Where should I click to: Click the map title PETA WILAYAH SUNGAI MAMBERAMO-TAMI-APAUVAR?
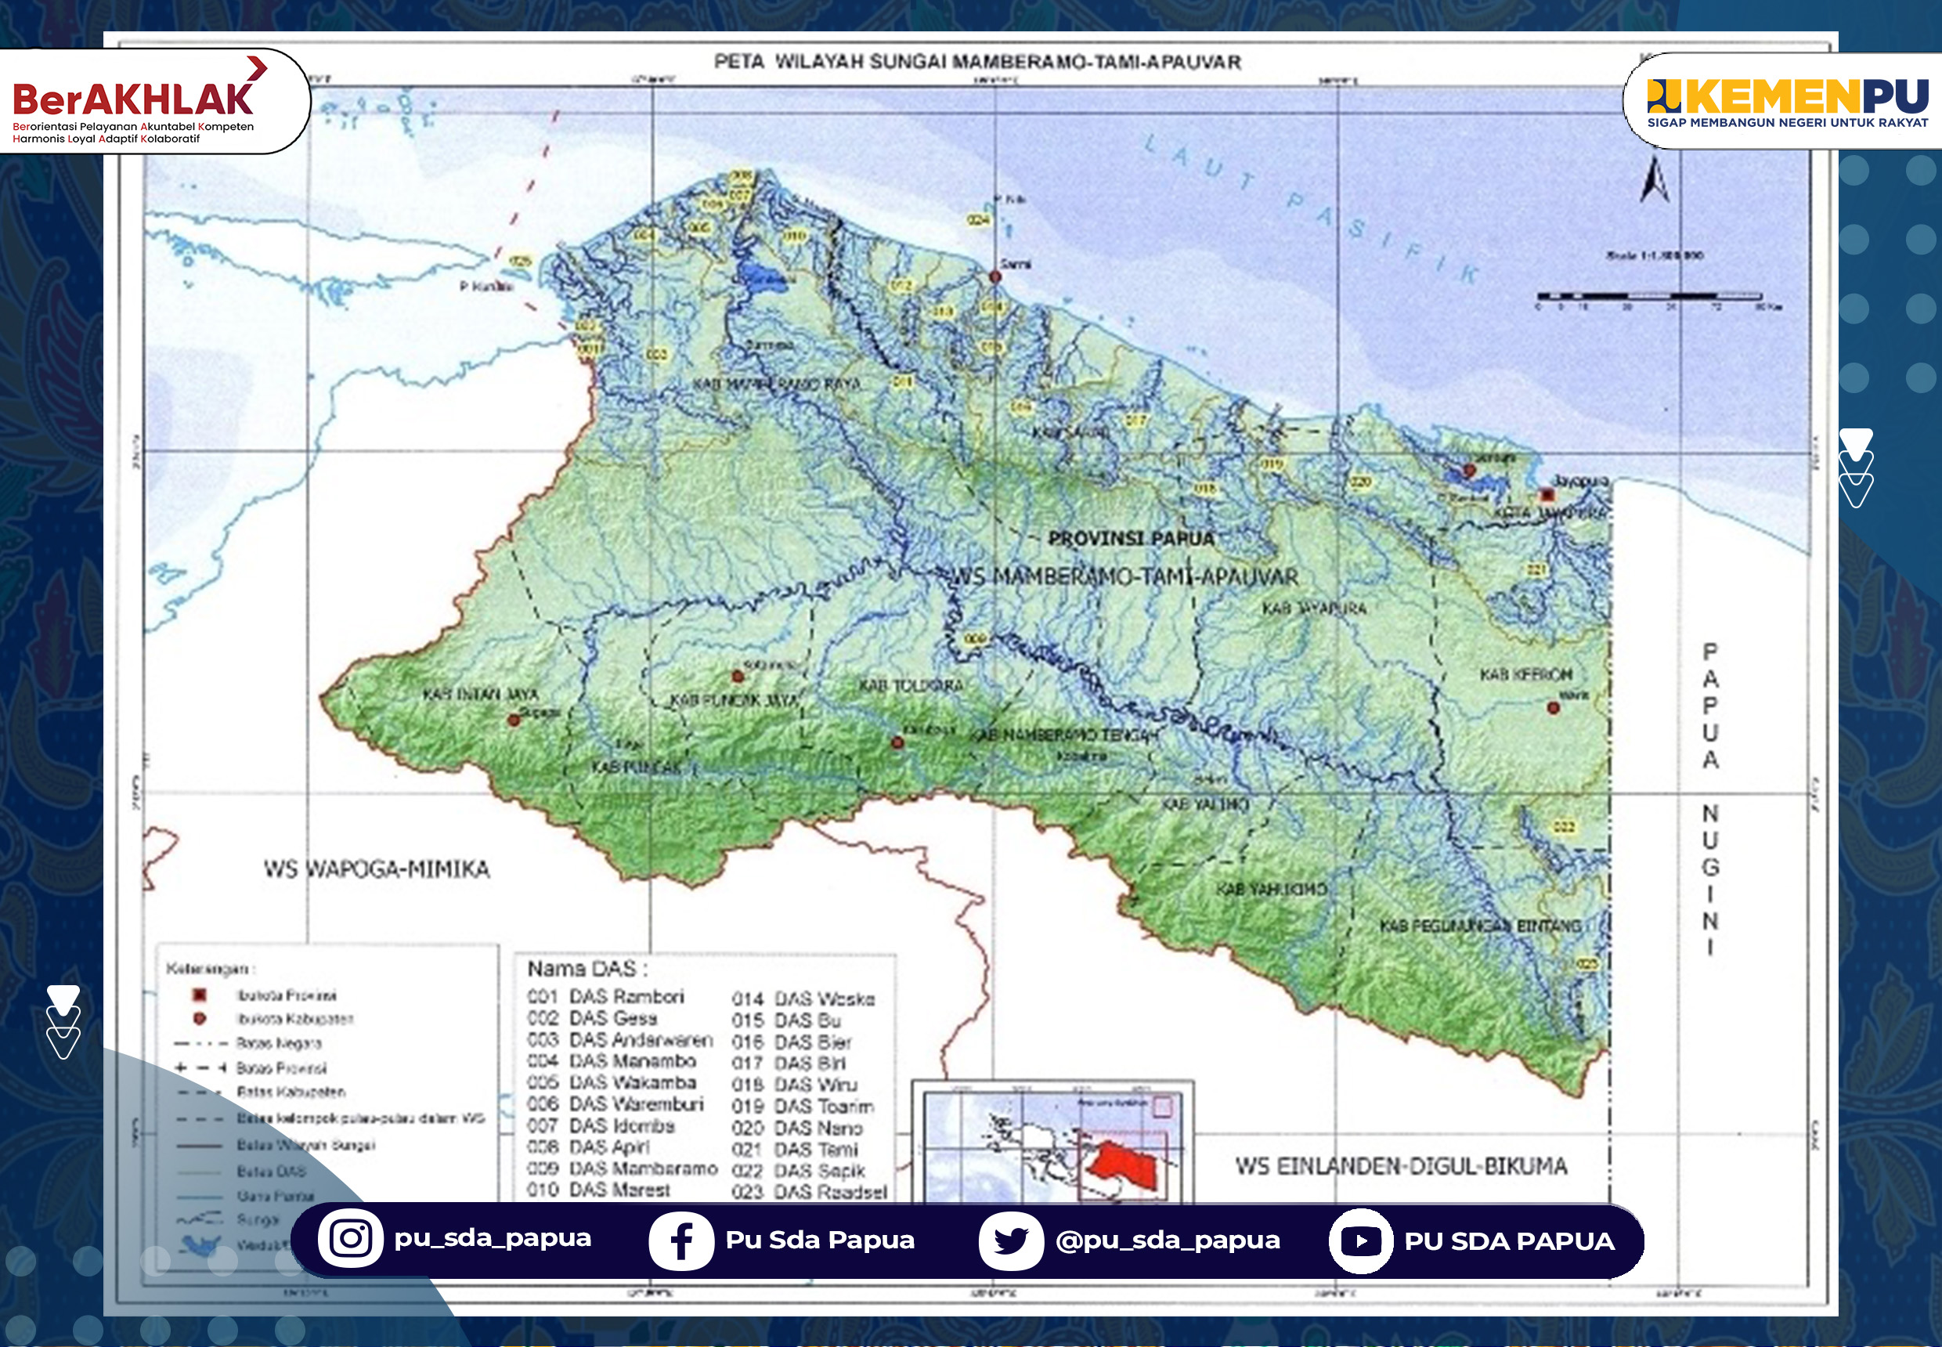977,62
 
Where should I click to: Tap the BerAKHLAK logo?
135,101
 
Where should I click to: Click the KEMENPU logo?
1787,99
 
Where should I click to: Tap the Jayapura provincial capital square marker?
1547,495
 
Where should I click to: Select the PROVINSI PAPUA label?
1130,539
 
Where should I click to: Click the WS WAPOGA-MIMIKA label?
377,869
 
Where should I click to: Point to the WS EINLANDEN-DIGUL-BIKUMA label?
1401,1165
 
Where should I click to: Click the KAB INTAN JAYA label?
480,694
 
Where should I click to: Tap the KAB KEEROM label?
1526,674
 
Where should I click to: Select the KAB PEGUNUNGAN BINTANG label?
1480,926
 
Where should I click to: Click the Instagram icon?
350,1238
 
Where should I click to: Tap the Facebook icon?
680,1240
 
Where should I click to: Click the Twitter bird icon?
1010,1240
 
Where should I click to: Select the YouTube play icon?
1359,1240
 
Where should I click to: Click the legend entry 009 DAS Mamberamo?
622,1168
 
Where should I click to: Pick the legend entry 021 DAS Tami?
794,1149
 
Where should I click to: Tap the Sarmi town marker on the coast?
995,276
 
